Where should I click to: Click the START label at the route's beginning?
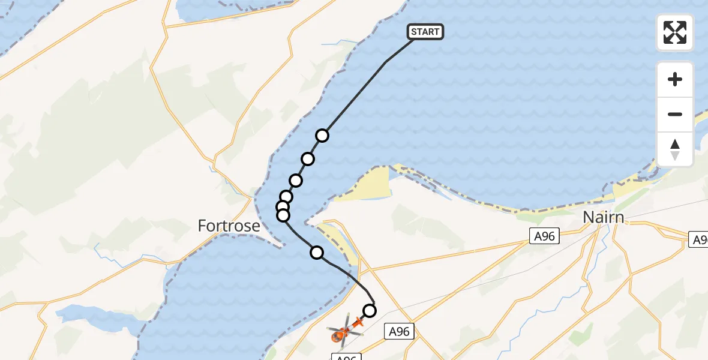point(425,32)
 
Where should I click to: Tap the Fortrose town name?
point(229,226)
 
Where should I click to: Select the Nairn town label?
point(604,217)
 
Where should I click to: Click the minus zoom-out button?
point(675,114)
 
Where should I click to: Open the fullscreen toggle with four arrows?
point(675,32)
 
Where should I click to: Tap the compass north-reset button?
point(675,149)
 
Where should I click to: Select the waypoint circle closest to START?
point(322,136)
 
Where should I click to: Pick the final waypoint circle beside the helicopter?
point(370,311)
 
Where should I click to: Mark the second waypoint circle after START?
point(308,159)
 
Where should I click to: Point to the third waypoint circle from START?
point(295,181)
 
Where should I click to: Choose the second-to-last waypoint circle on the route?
point(317,253)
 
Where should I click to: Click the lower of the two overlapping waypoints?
point(283,215)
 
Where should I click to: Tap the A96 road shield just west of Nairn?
point(544,236)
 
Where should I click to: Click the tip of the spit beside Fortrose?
point(280,245)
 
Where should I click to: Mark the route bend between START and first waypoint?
point(386,62)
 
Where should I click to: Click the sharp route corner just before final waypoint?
point(375,303)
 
